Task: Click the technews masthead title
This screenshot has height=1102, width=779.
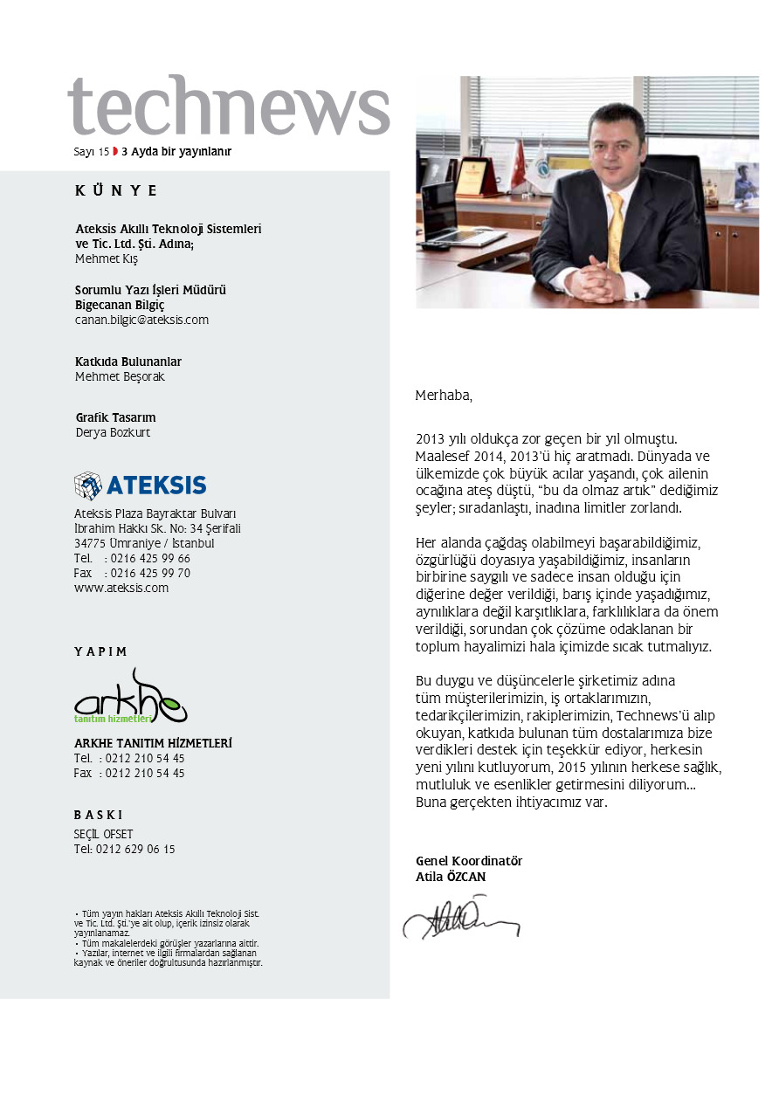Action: click(229, 107)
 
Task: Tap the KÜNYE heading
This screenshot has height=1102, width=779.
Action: click(116, 191)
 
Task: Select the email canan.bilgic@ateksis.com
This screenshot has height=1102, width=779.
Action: click(141, 320)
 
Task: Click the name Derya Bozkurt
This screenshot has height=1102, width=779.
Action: click(113, 432)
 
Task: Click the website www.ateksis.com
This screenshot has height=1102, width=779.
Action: click(121, 588)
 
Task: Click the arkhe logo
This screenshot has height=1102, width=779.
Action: click(130, 696)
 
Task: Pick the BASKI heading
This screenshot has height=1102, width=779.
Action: click(98, 814)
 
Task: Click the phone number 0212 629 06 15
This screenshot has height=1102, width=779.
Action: click(134, 849)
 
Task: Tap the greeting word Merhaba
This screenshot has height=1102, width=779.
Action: click(443, 396)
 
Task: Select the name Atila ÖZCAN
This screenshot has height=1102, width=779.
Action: click(450, 877)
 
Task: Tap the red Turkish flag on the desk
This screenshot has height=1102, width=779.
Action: click(519, 166)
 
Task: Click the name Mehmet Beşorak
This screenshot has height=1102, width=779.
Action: click(120, 377)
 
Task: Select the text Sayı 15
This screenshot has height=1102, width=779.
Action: click(91, 152)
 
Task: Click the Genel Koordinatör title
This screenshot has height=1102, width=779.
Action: click(468, 861)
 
